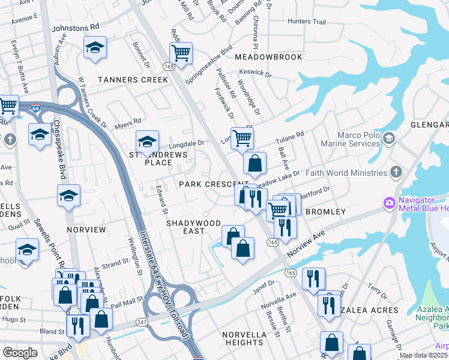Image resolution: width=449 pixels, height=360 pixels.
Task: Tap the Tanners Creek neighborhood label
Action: point(133,80)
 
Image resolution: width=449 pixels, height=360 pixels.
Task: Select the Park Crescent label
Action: point(212,184)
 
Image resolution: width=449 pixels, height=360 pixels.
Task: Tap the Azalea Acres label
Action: point(369,310)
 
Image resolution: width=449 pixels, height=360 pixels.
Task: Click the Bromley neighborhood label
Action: point(326,212)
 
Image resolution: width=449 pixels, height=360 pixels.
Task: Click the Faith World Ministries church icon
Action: point(395,173)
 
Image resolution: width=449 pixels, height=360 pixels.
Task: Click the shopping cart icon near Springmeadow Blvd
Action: point(180,53)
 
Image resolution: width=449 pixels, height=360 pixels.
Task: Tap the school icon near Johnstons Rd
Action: point(94,47)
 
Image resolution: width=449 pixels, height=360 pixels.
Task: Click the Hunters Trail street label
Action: point(306,22)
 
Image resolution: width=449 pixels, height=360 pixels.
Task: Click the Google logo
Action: point(20,353)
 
